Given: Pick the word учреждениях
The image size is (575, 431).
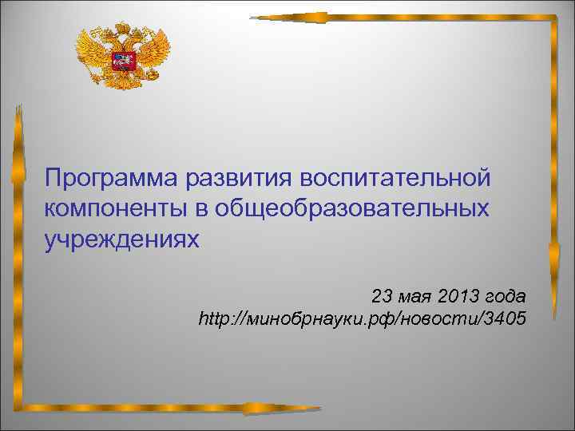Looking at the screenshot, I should click(120, 239).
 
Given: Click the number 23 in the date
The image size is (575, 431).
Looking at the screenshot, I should click(383, 296).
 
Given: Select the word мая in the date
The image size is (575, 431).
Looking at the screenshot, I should click(418, 296).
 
